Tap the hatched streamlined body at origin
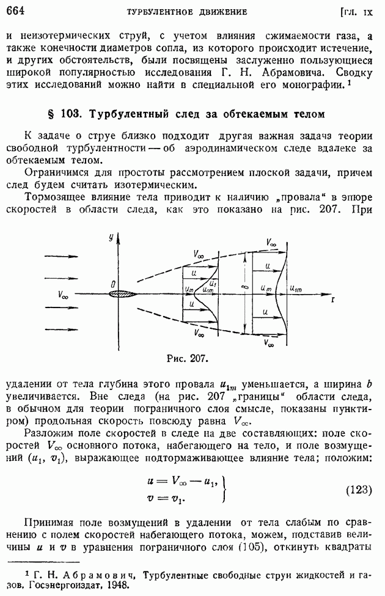[x=124, y=293]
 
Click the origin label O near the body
[x=113, y=284]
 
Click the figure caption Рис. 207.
[x=184, y=358]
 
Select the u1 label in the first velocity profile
[x=211, y=284]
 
